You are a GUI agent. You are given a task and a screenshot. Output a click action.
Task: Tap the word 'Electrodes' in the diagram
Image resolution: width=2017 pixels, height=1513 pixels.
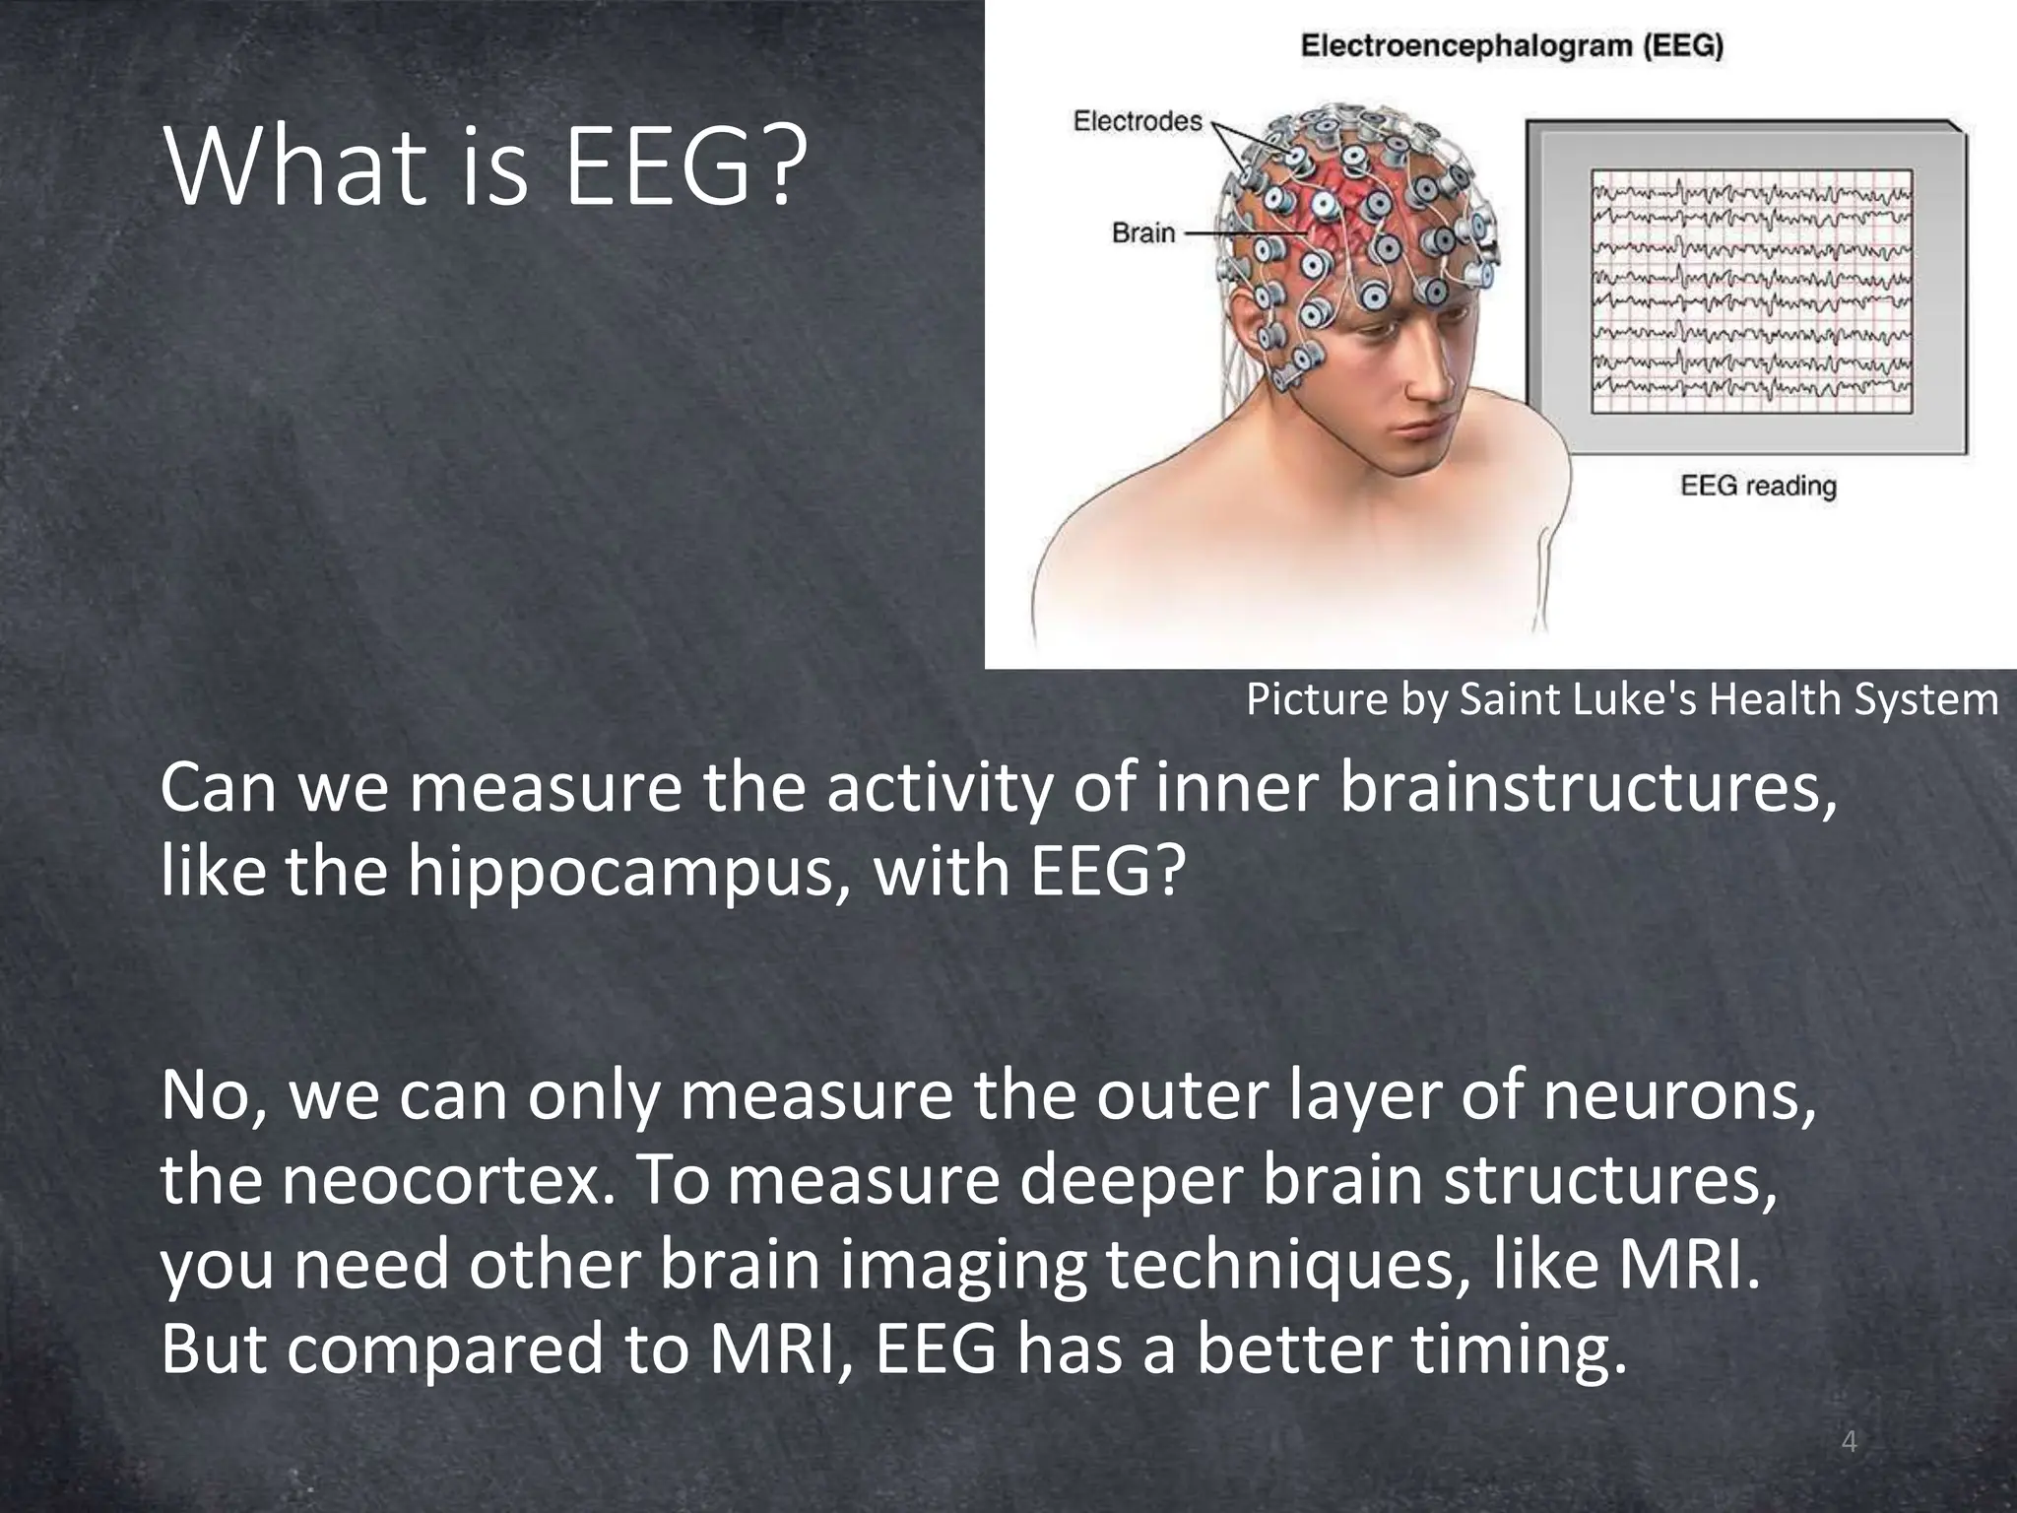[1138, 121]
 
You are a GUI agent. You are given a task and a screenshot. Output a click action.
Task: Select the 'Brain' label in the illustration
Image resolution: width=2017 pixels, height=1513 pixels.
[1143, 233]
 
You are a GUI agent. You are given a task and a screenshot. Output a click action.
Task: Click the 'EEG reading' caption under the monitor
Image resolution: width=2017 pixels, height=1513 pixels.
[1758, 486]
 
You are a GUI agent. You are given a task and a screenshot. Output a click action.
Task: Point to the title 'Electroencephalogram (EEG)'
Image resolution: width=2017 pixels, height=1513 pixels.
[1512, 45]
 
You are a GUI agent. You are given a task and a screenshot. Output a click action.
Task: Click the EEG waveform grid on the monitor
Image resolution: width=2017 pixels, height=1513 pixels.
[1752, 291]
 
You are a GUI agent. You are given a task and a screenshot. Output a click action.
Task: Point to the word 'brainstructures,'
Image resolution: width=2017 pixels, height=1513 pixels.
[1588, 789]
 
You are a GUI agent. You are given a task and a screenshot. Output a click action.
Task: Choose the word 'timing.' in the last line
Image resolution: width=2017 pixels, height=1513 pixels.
[1519, 1349]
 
